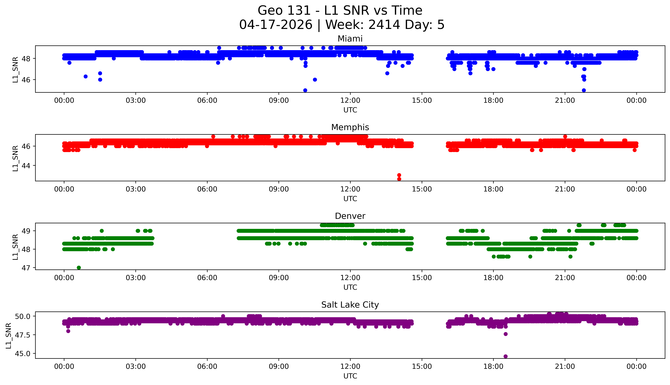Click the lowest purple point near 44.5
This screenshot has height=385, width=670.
pos(505,356)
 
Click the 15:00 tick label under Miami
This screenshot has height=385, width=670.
pos(422,101)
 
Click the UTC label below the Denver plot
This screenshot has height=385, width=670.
pos(350,287)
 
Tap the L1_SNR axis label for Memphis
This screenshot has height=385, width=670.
pos(15,158)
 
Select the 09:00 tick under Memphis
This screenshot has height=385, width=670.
pos(279,189)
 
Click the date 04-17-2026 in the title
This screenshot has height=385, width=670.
pos(276,25)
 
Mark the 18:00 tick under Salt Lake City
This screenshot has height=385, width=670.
pos(493,366)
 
